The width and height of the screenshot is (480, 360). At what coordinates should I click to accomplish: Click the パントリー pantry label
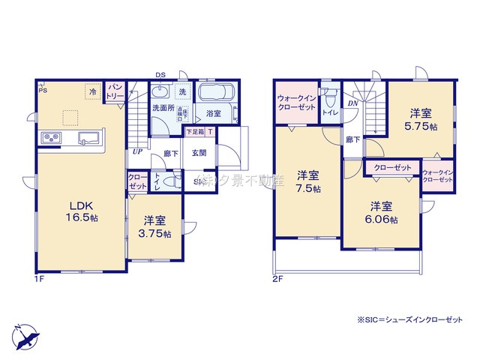pyautogui.click(x=115, y=92)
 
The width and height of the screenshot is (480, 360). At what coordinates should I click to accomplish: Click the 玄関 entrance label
pyautogui.click(x=199, y=154)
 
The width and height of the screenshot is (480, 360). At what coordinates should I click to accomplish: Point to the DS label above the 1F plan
pyautogui.click(x=160, y=74)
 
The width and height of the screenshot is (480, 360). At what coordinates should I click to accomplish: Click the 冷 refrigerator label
pyautogui.click(x=92, y=92)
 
